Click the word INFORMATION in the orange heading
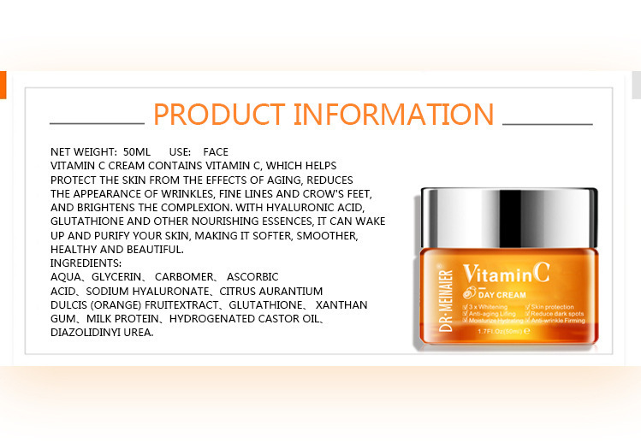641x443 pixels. click(394, 115)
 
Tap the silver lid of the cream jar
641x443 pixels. click(509, 215)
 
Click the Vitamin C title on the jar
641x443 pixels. click(506, 275)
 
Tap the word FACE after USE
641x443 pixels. click(216, 151)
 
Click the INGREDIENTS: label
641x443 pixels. click(86, 263)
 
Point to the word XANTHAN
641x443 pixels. click(342, 304)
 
